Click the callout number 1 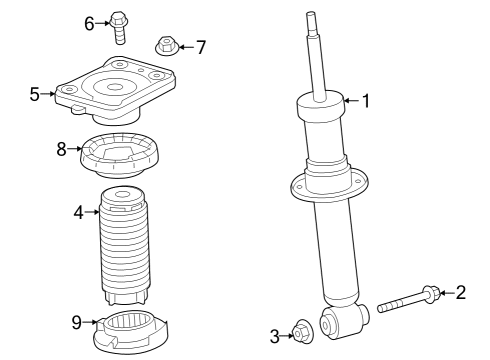[366, 100]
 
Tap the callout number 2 [461, 292]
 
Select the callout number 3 [274, 336]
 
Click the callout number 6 [89, 22]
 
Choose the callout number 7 [201, 46]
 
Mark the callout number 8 [62, 149]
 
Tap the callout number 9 [75, 321]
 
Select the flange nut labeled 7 [167, 46]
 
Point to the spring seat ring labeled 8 [122, 155]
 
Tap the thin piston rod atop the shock [317, 55]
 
